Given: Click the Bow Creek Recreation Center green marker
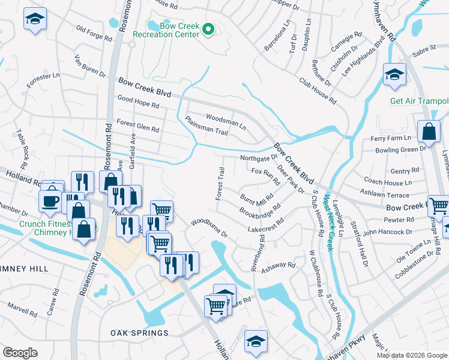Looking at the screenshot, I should click(x=208, y=28).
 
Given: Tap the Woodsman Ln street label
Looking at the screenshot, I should click(x=226, y=121).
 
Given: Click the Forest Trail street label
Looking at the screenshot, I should click(x=220, y=184).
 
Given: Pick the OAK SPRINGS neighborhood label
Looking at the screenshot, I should click(x=139, y=332).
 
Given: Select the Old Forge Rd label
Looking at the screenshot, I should click(x=94, y=33).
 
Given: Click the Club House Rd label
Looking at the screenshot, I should click(x=317, y=88).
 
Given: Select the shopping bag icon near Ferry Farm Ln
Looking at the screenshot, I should click(x=430, y=131).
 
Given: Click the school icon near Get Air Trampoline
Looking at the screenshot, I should click(x=394, y=75).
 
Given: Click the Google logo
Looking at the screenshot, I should click(x=20, y=353).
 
